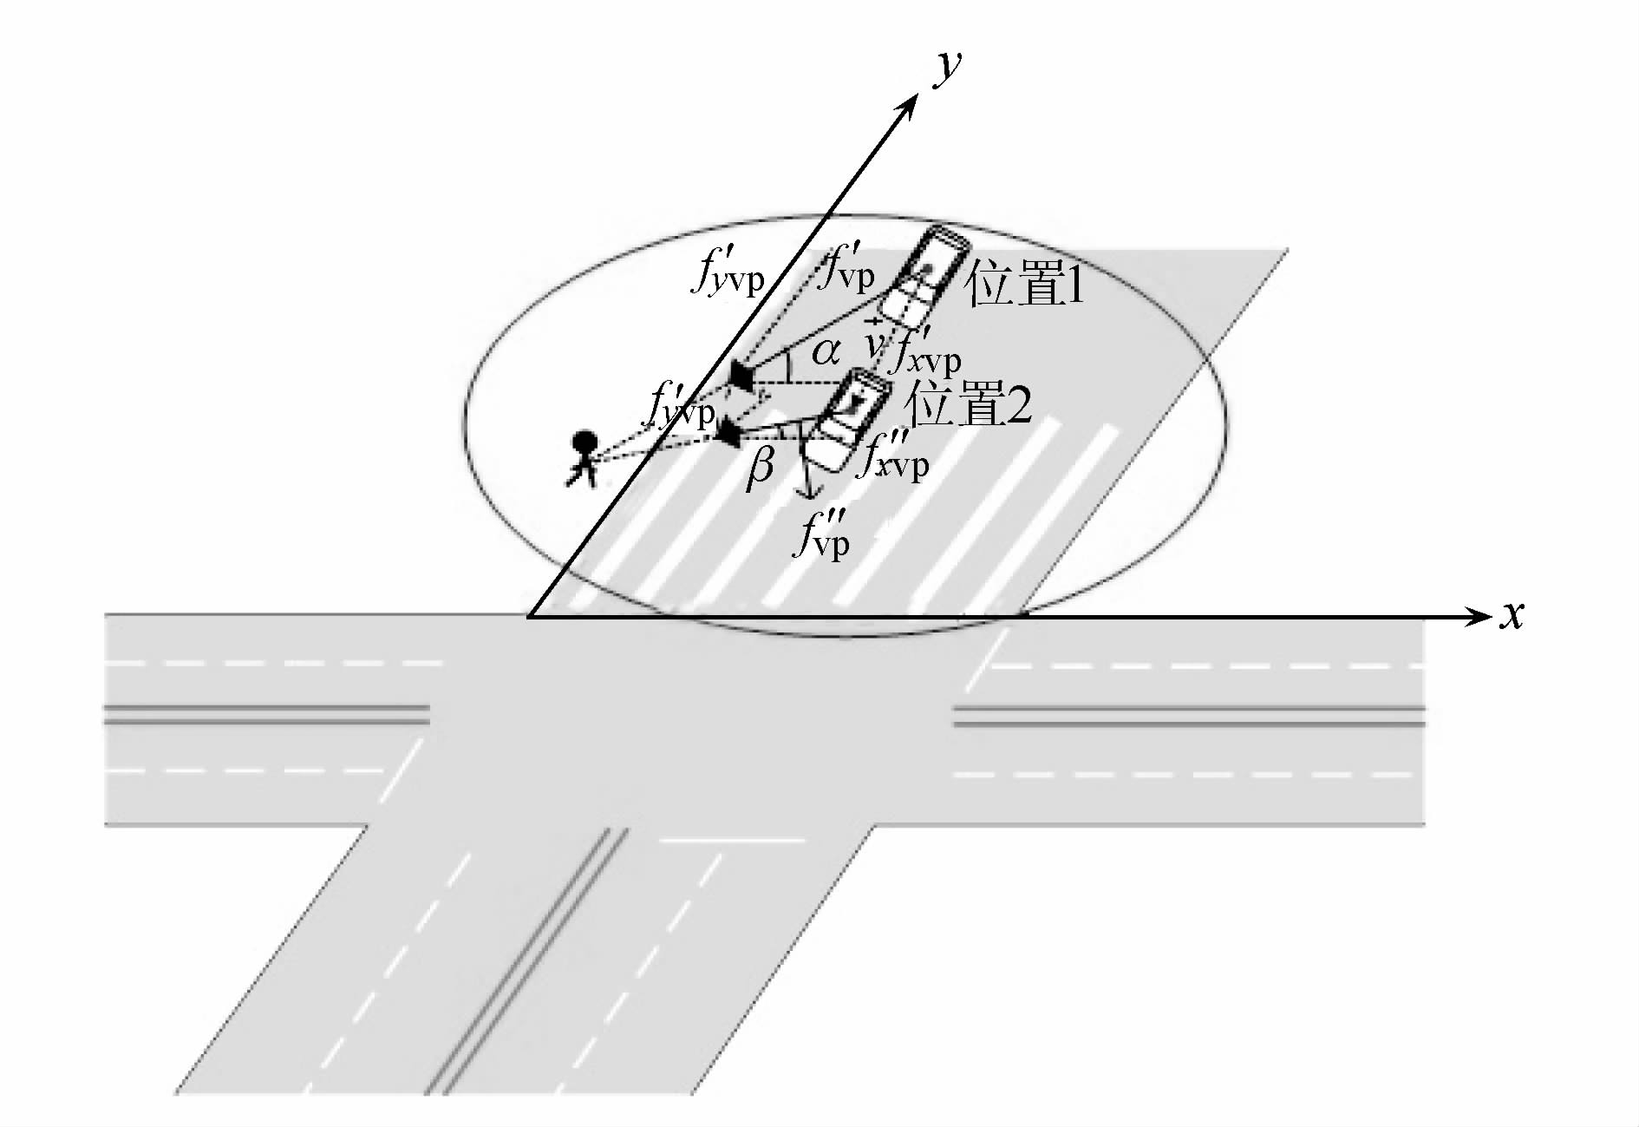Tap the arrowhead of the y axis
pos(911,103)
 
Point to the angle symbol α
pos(825,352)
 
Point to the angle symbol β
pos(760,468)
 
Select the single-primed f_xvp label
pos(926,351)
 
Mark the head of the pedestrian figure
pos(584,442)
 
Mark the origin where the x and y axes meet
pos(529,617)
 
